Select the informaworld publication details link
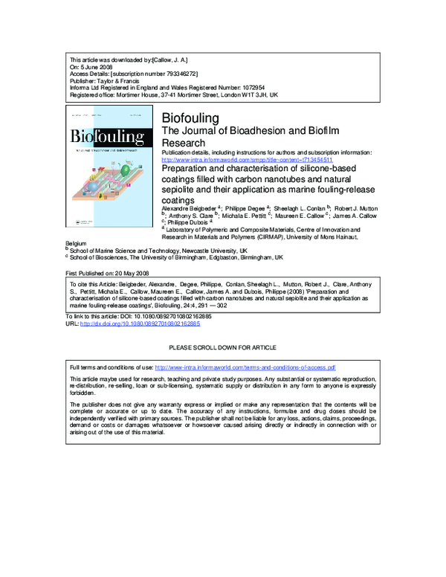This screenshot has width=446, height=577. click(247, 160)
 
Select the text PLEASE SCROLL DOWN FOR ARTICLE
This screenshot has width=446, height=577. click(223, 347)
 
